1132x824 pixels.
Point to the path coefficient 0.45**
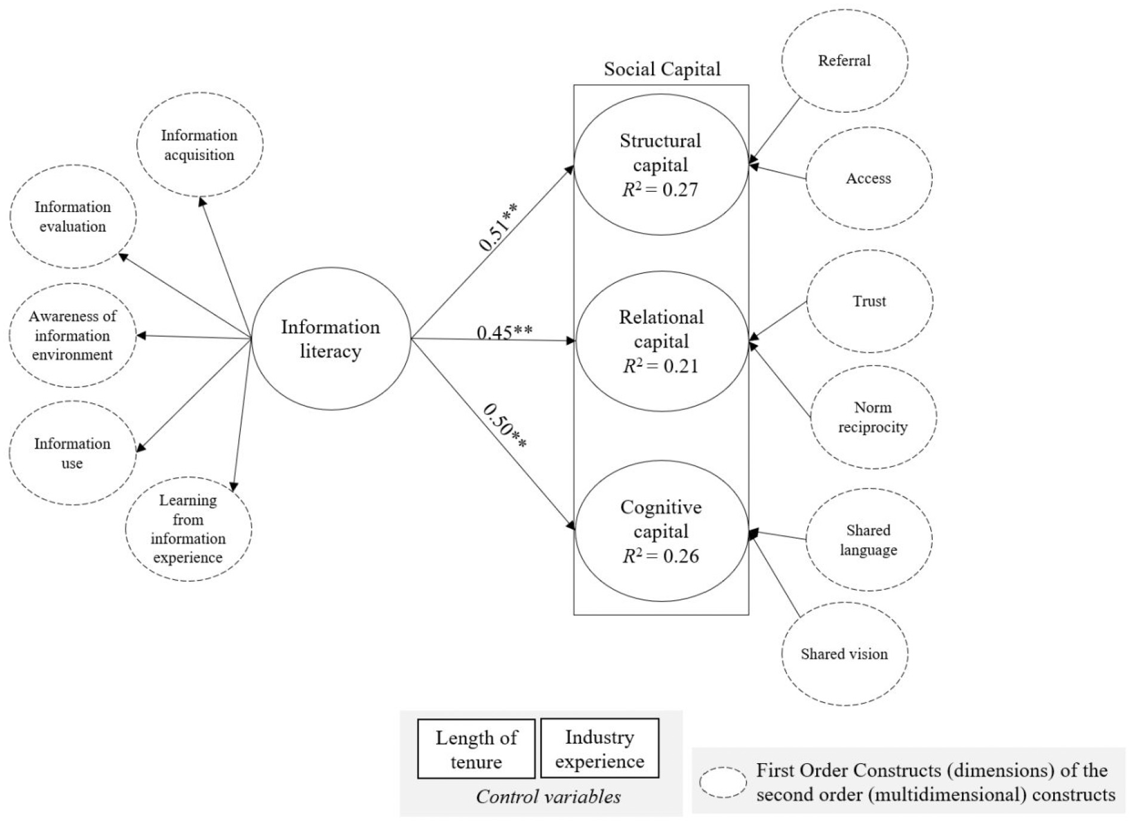click(x=505, y=331)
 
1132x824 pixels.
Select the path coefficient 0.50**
click(x=505, y=426)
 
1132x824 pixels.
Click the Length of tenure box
click(x=476, y=749)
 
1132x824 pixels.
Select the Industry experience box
click(x=599, y=748)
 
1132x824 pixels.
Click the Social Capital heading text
click(x=662, y=69)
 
